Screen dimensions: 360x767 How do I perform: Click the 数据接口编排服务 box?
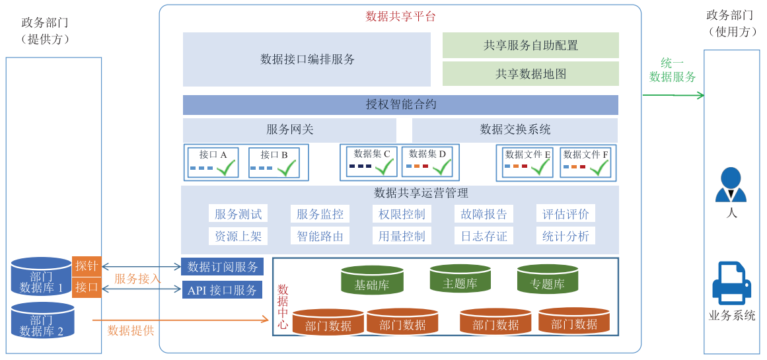point(307,59)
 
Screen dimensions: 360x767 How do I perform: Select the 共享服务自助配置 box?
point(530,45)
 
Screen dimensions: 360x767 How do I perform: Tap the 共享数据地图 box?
point(530,74)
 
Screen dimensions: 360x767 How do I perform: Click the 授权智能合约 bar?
point(400,104)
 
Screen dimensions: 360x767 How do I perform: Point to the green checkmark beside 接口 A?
point(226,168)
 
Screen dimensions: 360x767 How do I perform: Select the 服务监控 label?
point(320,214)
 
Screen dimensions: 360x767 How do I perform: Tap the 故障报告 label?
point(484,214)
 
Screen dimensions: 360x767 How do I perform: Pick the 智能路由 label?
point(320,236)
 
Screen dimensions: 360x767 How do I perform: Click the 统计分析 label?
point(566,236)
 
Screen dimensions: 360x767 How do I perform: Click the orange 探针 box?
point(87,266)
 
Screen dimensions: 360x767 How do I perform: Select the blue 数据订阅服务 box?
point(223,267)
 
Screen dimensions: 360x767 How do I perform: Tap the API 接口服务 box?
point(222,290)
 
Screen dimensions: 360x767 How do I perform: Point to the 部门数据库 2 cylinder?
point(42,320)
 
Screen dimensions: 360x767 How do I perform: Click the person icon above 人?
point(730,185)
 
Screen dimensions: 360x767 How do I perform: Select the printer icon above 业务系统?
point(731,283)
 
